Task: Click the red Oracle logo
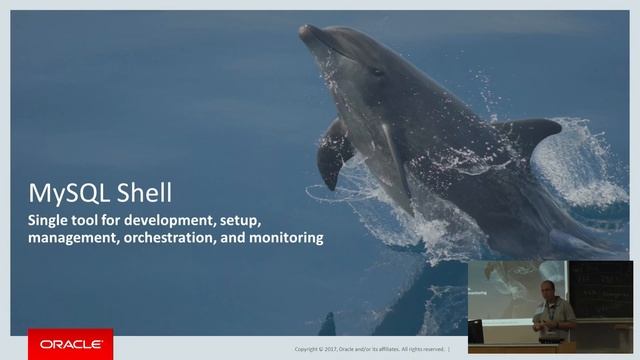pyautogui.click(x=69, y=344)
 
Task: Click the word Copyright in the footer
pyautogui.click(x=308, y=349)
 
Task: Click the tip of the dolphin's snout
pyautogui.click(x=303, y=30)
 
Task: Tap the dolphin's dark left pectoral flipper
pyautogui.click(x=332, y=155)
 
